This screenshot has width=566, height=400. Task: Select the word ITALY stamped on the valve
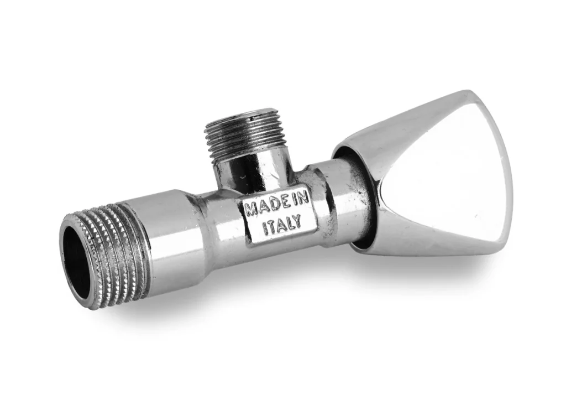tap(281, 223)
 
